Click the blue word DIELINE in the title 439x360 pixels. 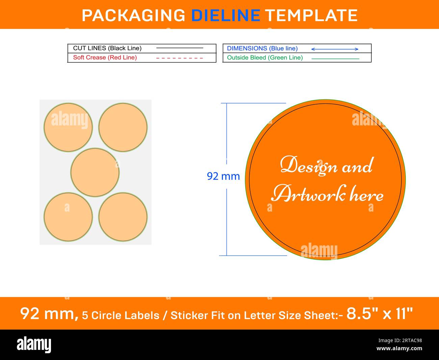click(226, 15)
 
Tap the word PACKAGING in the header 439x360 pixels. click(133, 15)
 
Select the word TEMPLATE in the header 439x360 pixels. click(312, 15)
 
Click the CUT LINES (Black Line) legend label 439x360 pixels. click(107, 48)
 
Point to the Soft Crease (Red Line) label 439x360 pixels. click(105, 57)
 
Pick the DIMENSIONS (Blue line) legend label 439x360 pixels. click(262, 48)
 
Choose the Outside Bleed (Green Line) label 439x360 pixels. click(265, 57)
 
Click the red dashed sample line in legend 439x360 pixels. click(179, 58)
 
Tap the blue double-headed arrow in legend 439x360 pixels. click(335, 49)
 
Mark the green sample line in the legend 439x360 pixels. click(335, 59)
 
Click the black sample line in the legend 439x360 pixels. click(180, 48)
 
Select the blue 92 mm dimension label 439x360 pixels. click(223, 176)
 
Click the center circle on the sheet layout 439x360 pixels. click(95, 172)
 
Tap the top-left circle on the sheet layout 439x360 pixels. click(68, 127)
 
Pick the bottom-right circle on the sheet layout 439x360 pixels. click(123, 217)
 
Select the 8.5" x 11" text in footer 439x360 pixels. click(380, 314)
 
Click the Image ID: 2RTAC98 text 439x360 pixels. click(400, 340)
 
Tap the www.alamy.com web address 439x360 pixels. click(399, 348)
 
